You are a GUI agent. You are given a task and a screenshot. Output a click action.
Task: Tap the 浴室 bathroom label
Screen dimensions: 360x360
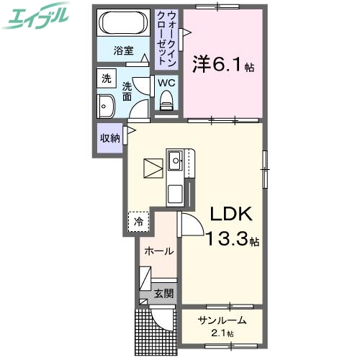tap(124, 51)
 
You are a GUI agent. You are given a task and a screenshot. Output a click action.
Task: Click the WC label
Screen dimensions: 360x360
tap(166, 83)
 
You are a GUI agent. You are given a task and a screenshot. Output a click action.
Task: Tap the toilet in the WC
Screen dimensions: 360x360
tap(167, 105)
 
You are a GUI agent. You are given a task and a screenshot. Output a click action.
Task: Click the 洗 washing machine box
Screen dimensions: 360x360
tap(106, 78)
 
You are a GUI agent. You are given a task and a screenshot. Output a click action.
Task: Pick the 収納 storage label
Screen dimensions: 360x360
tap(109, 138)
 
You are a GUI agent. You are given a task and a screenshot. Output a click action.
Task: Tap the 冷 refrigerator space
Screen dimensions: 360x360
tap(139, 222)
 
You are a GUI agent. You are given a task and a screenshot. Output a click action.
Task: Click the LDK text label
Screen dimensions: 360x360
tap(230, 214)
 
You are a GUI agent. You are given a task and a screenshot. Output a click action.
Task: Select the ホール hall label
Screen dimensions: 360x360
tap(158, 251)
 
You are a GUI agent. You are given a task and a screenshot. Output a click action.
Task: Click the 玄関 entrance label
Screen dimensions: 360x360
tap(163, 293)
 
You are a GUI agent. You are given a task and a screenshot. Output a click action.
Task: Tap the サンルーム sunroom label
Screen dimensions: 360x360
tap(222, 320)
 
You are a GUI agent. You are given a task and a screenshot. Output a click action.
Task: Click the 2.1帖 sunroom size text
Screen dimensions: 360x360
tap(223, 333)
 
